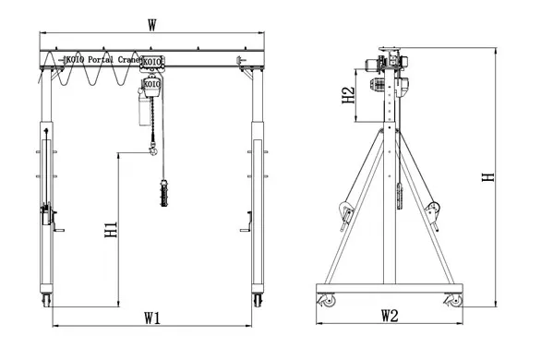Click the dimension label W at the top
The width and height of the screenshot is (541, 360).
click(x=152, y=25)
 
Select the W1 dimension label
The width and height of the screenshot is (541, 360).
click(x=152, y=318)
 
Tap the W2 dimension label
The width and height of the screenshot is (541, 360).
click(x=390, y=316)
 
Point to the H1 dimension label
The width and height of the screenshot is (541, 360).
click(x=111, y=230)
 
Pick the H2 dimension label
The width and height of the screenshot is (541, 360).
click(x=348, y=95)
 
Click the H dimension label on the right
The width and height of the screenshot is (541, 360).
click(x=488, y=177)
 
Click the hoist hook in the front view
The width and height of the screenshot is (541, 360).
click(x=152, y=149)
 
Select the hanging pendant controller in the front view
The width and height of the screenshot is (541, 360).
click(x=164, y=193)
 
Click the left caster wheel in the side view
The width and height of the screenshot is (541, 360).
click(x=328, y=300)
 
